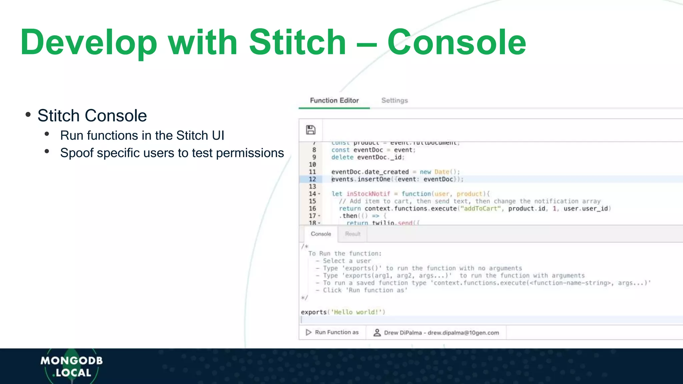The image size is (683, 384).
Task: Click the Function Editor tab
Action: [x=334, y=100]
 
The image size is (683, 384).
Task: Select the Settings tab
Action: [x=395, y=100]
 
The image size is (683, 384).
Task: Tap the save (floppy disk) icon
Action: [x=310, y=130]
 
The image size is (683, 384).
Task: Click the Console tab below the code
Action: [x=321, y=234]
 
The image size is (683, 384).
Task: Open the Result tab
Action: [x=353, y=234]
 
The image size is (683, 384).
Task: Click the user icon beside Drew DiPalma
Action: [x=377, y=333]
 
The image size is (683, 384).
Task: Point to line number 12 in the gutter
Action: [x=312, y=179]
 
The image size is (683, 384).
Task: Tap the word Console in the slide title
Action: [x=456, y=42]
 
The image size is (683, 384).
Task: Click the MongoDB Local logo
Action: [x=72, y=366]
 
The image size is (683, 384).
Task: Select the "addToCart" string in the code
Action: [x=480, y=209]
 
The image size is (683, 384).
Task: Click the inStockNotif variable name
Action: [x=368, y=194]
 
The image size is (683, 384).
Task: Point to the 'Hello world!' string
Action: [x=356, y=312]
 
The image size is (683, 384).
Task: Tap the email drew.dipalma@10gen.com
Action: [x=463, y=333]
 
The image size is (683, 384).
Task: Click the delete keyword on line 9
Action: [x=342, y=157]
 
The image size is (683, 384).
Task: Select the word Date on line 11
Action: [x=442, y=172]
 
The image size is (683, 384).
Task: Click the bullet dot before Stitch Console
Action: [x=28, y=115]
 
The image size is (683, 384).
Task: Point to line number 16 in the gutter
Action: [x=312, y=209]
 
